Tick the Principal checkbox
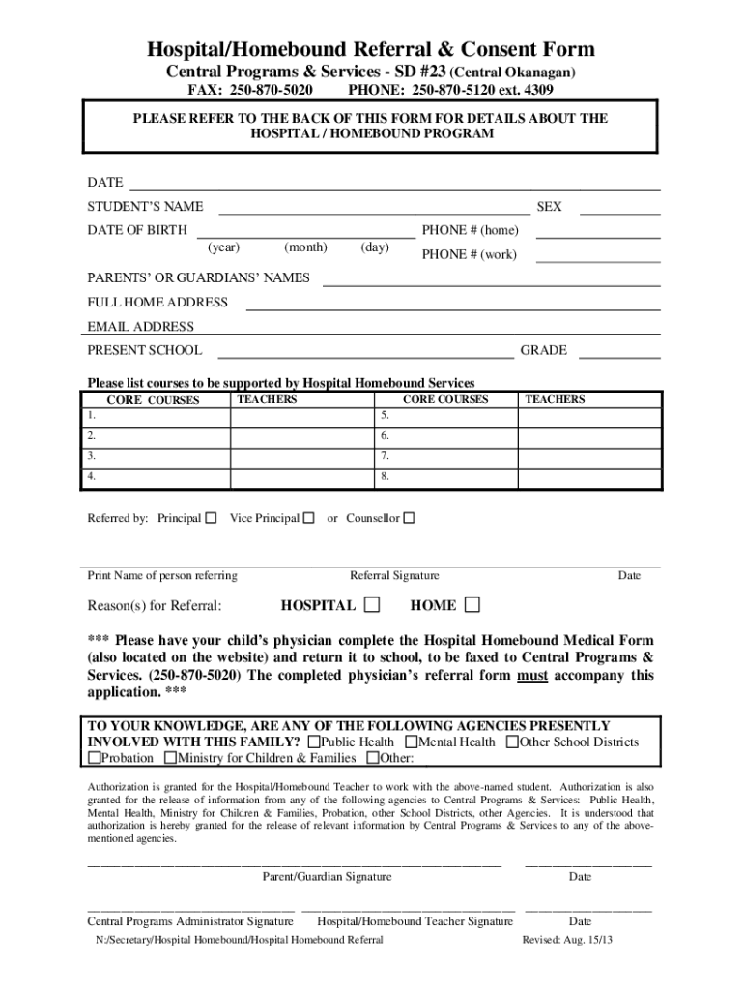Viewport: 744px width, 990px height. pyautogui.click(x=211, y=518)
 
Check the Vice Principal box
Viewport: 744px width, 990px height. pyautogui.click(x=308, y=518)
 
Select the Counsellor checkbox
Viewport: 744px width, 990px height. pyautogui.click(x=409, y=518)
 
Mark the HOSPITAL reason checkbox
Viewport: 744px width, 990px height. pyautogui.click(x=371, y=605)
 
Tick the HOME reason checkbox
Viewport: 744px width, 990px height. pyautogui.click(x=472, y=605)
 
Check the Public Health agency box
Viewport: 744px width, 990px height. pyautogui.click(x=313, y=742)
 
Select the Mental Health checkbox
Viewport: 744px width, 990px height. pyautogui.click(x=411, y=742)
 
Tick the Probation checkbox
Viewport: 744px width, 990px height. pyautogui.click(x=95, y=758)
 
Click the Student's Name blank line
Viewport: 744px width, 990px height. pyautogui.click(x=375, y=207)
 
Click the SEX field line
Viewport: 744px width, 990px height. pyautogui.click(x=619, y=207)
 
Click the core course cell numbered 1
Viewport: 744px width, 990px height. pyautogui.click(x=155, y=416)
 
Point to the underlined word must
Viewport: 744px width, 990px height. pyautogui.click(x=533, y=676)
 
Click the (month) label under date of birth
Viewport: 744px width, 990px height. pyautogui.click(x=306, y=247)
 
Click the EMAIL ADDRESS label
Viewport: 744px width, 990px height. pyautogui.click(x=141, y=327)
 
